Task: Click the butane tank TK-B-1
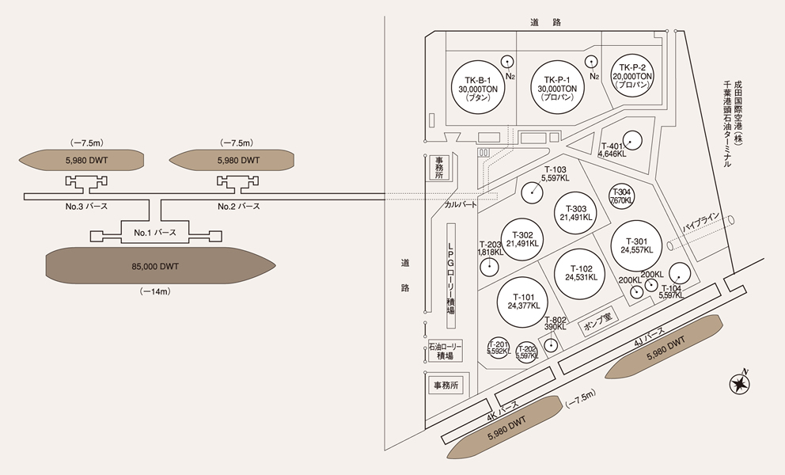pos(478,88)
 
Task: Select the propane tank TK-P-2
pos(632,76)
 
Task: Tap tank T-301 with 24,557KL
pos(636,245)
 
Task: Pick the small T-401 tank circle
pos(632,141)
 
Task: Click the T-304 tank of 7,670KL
pos(621,196)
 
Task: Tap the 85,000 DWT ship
pos(160,265)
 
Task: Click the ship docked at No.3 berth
pos(82,161)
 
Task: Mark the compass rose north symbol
pos(739,384)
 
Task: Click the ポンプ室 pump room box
pos(597,321)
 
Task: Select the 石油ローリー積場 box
pos(445,351)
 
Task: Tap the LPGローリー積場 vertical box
pos(451,276)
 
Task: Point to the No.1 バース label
pos(155,233)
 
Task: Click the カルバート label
pos(461,204)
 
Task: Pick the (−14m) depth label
pos(155,291)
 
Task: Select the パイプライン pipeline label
pos(701,222)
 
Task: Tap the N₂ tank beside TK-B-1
pos(508,62)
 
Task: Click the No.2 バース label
pos(239,206)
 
